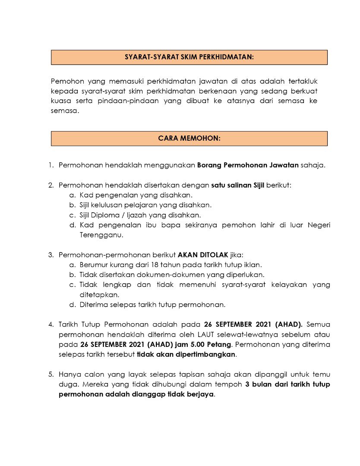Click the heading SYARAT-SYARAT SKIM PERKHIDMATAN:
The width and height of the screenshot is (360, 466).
pyautogui.click(x=189, y=57)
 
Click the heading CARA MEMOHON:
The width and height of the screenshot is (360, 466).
pyautogui.click(x=189, y=139)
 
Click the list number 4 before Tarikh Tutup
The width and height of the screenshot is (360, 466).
pyautogui.click(x=51, y=324)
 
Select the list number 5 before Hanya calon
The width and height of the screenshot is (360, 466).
pyautogui.click(x=51, y=375)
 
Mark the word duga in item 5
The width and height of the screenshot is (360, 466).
pyautogui.click(x=67, y=384)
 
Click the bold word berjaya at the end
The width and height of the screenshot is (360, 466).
pyautogui.click(x=201, y=394)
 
